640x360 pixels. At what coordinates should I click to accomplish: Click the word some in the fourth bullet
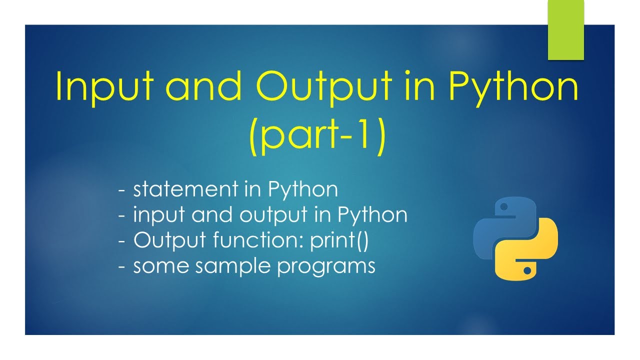[160, 266]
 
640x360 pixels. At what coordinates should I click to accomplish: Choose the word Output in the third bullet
[169, 240]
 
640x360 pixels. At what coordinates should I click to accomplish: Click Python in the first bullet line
[303, 190]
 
